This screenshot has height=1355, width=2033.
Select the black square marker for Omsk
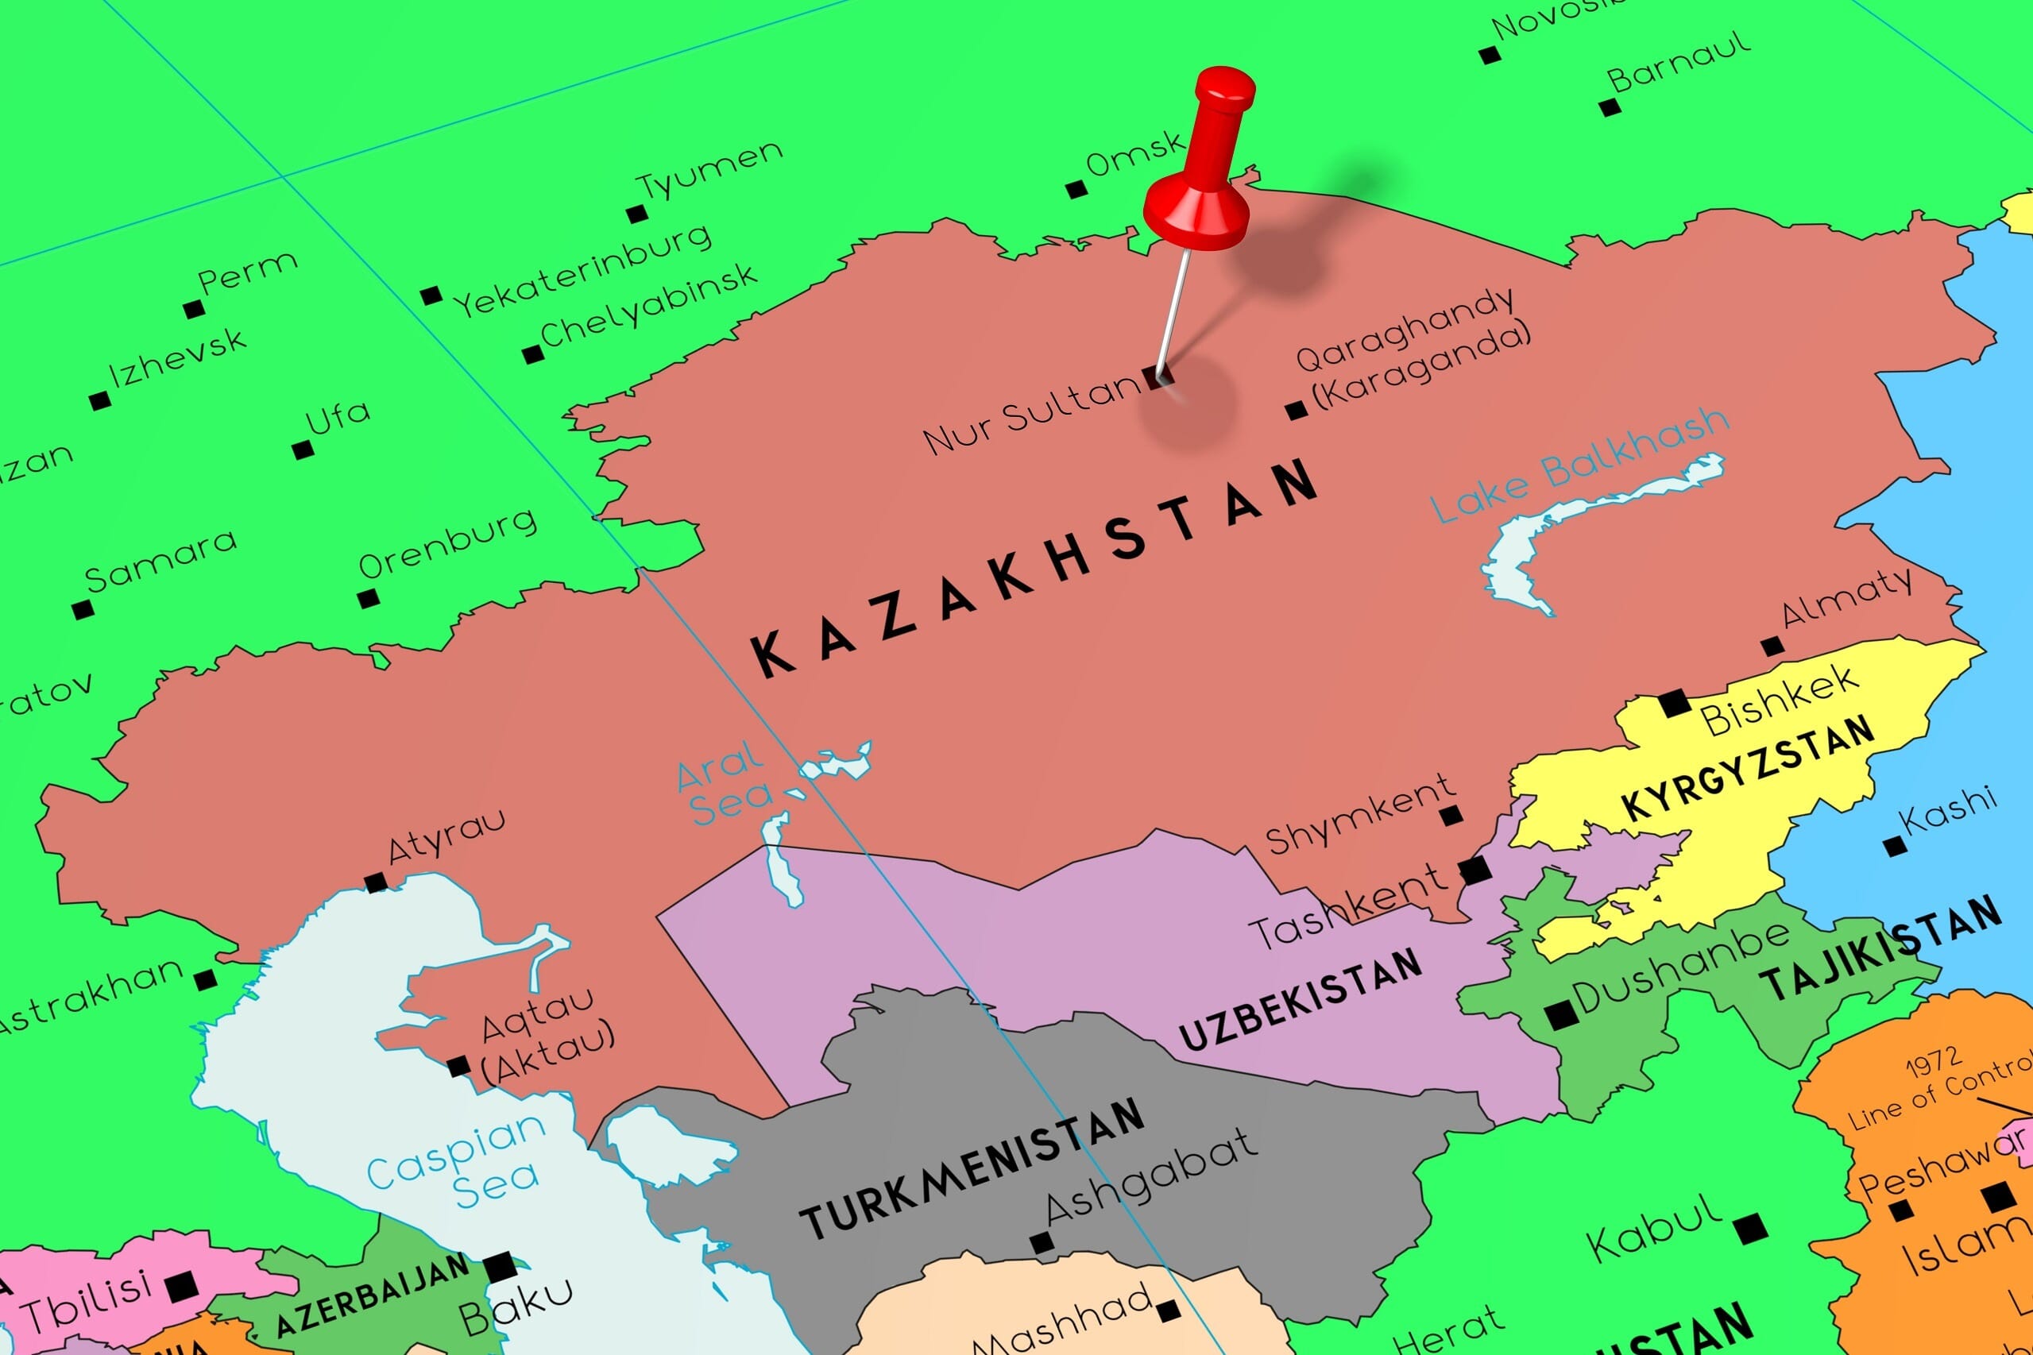[x=1076, y=188]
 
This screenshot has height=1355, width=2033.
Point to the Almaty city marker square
[x=1772, y=646]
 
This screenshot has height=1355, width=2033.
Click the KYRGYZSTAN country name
[x=1748, y=767]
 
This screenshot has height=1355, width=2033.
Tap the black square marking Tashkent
[x=1475, y=870]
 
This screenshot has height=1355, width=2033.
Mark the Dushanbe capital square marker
[x=1561, y=1014]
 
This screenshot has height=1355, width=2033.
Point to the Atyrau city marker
[x=375, y=882]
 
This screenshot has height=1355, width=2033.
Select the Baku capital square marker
[x=500, y=1268]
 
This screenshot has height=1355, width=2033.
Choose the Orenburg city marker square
[x=368, y=597]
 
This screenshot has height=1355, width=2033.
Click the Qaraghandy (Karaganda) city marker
[x=1296, y=410]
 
